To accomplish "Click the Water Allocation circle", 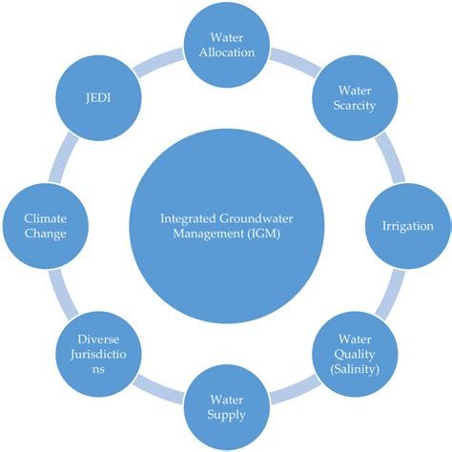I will pos(226,44).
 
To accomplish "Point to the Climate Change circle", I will pos(46,226).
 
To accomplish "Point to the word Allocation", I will pos(226,52).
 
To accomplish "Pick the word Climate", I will pos(46,217).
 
